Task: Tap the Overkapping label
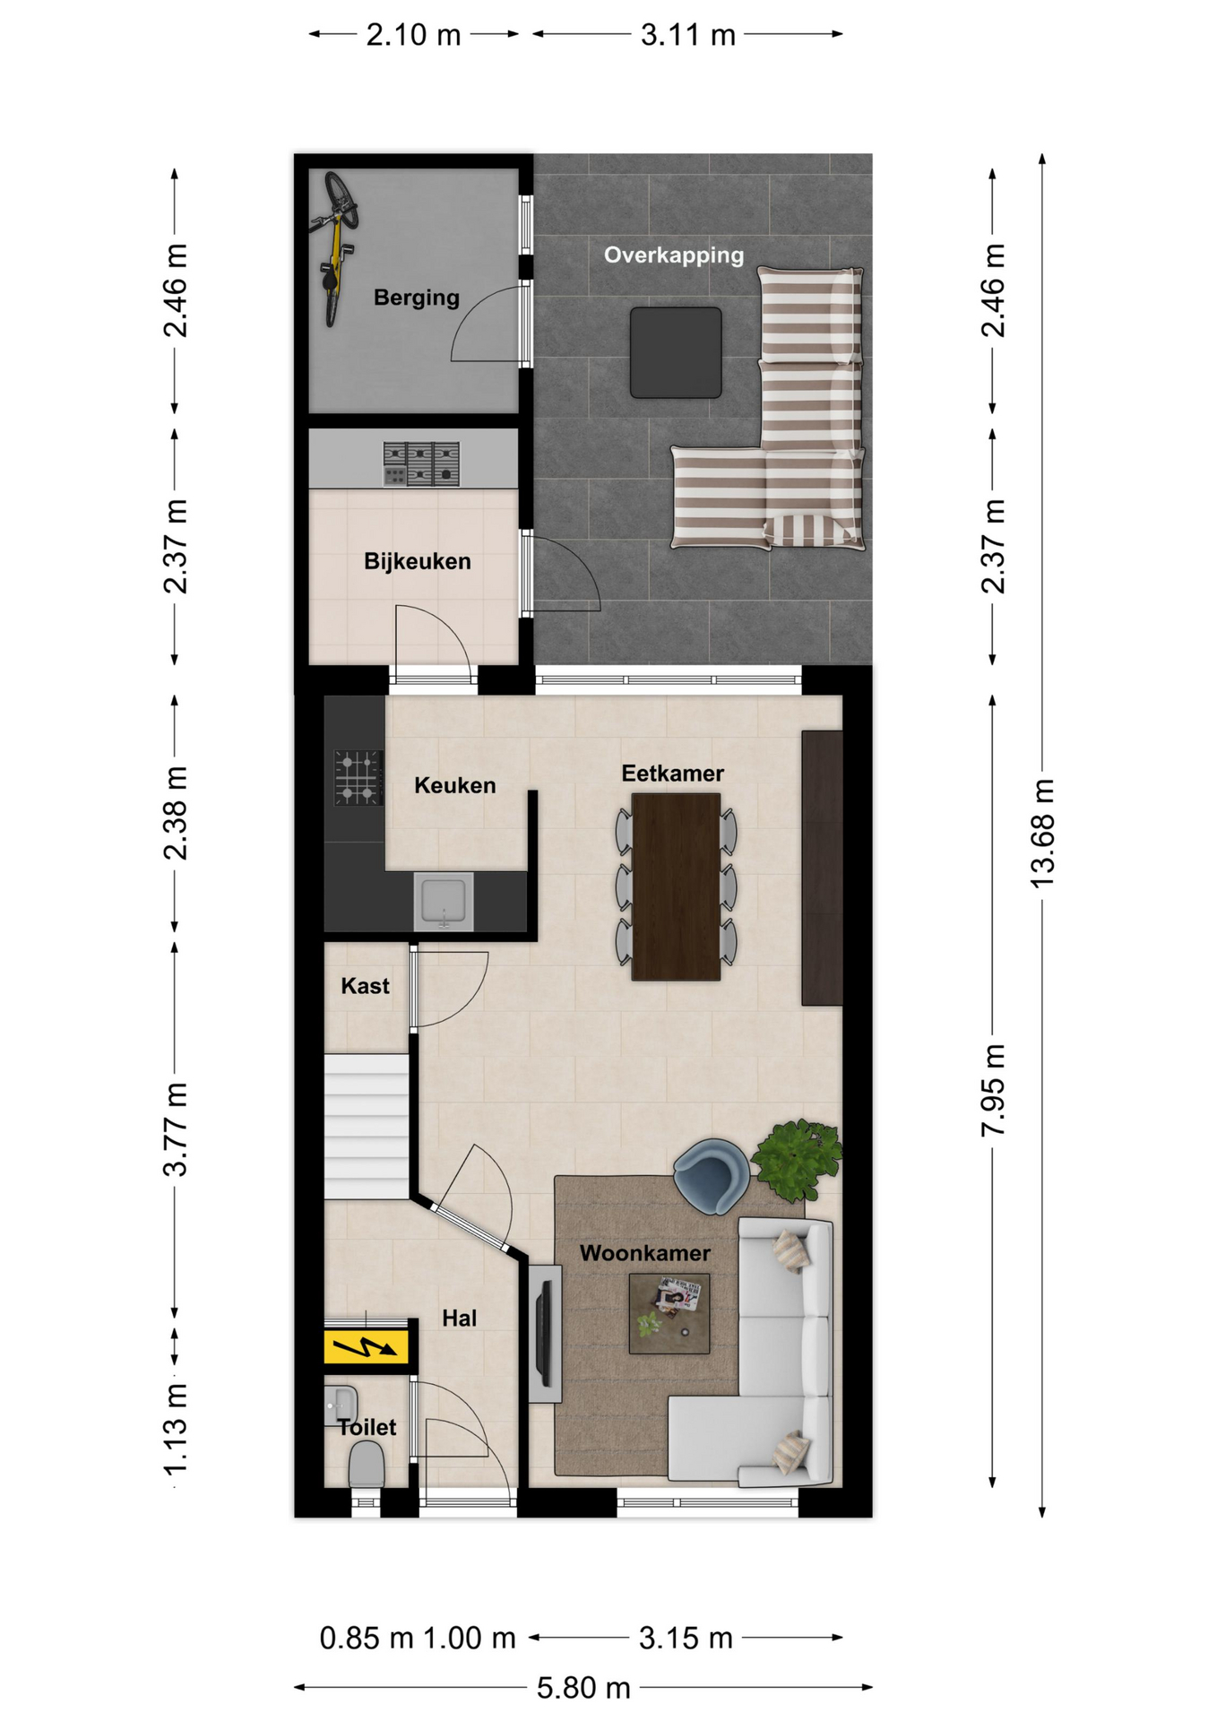(674, 255)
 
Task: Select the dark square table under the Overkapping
(676, 352)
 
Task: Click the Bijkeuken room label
(418, 561)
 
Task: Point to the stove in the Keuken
(358, 777)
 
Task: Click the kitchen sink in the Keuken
(444, 902)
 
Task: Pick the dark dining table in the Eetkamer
(676, 886)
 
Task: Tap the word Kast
(365, 986)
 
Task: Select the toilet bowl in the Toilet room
(366, 1464)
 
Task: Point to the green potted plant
(798, 1160)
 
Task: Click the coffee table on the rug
(669, 1313)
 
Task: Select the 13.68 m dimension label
(1043, 834)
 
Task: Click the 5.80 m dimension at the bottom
(583, 1689)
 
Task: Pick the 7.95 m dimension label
(993, 1091)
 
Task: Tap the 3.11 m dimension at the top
(688, 35)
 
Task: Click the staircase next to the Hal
(367, 1127)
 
